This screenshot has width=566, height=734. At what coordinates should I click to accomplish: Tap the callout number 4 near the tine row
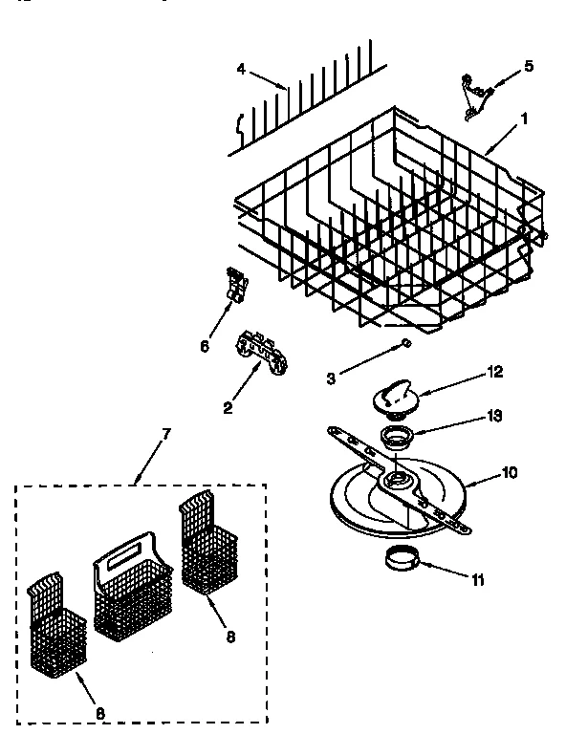click(x=241, y=68)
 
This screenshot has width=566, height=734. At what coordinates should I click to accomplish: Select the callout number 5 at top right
click(x=529, y=67)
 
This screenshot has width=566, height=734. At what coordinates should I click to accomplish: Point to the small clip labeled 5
click(x=473, y=97)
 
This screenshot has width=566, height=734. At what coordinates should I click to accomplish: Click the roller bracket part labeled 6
click(x=231, y=285)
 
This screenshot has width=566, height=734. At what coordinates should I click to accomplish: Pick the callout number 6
click(x=204, y=346)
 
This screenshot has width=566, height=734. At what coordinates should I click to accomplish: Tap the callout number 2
click(x=228, y=408)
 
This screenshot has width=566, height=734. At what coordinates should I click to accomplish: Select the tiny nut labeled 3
click(x=406, y=341)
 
